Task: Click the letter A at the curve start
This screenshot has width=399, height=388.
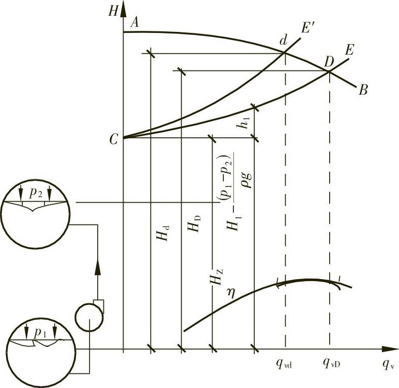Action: pyautogui.click(x=135, y=22)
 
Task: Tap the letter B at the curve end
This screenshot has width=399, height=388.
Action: pyautogui.click(x=363, y=91)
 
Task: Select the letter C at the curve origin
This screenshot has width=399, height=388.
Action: pyautogui.click(x=113, y=140)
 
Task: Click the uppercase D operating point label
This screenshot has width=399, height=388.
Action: pyautogui.click(x=329, y=62)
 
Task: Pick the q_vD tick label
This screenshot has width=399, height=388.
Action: pyautogui.click(x=331, y=363)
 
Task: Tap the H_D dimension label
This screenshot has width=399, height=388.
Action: pyautogui.click(x=194, y=223)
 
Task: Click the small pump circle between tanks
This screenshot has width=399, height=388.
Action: pyautogui.click(x=89, y=317)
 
